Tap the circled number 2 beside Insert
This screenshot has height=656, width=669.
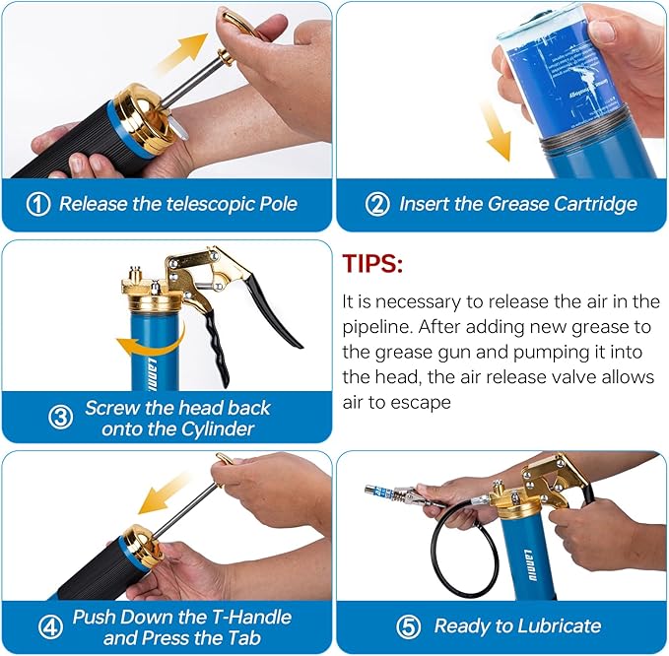coord(376,205)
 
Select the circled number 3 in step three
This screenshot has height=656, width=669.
coord(61,418)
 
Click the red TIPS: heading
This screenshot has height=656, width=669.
coord(372,265)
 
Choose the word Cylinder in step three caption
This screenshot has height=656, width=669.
coord(211,428)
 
